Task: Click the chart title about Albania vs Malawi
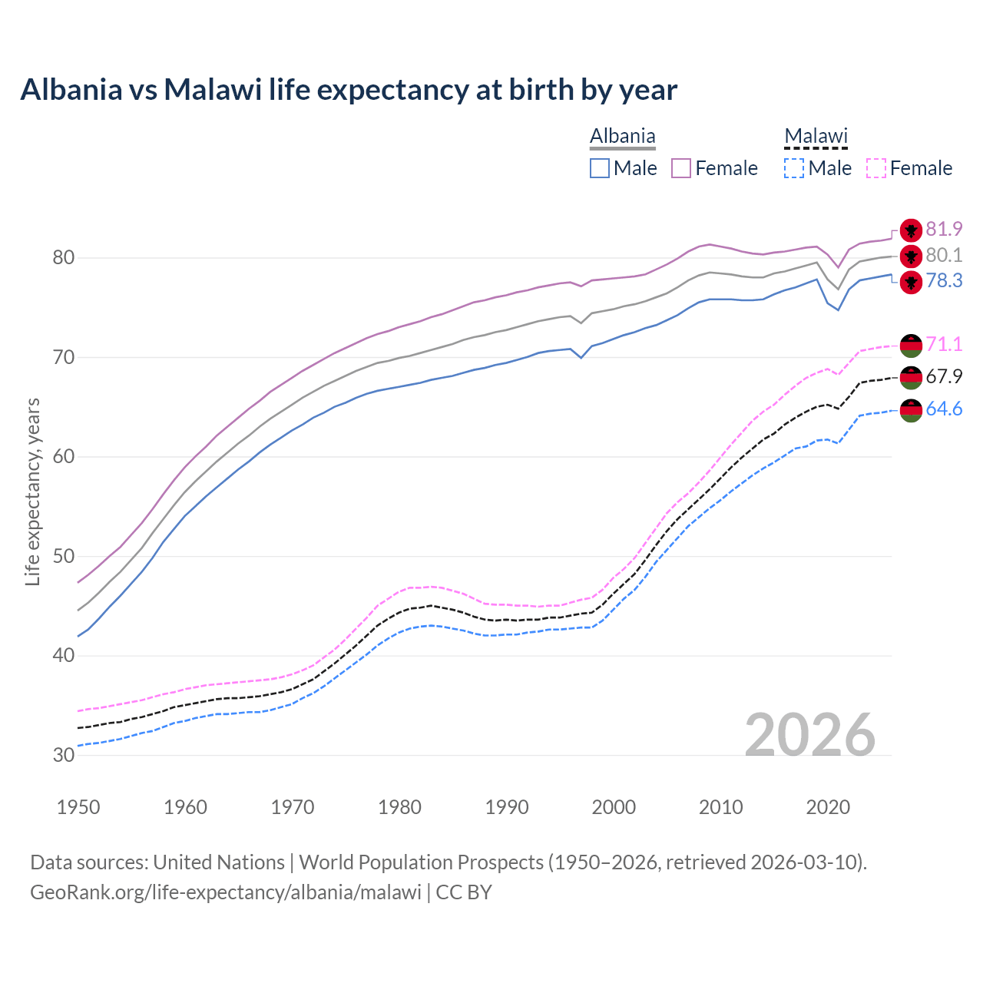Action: pyautogui.click(x=349, y=90)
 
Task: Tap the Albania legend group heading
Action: pyautogui.click(x=622, y=137)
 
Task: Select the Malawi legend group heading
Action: pyautogui.click(x=816, y=137)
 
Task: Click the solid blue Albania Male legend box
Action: pyautogui.click(x=600, y=168)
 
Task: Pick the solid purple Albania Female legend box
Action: pyautogui.click(x=681, y=168)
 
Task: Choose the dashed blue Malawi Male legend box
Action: pyautogui.click(x=794, y=168)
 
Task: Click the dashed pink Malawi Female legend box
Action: pyautogui.click(x=876, y=168)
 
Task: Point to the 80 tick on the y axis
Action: pyautogui.click(x=63, y=258)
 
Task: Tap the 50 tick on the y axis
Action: pyautogui.click(x=63, y=556)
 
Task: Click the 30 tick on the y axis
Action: pyautogui.click(x=63, y=755)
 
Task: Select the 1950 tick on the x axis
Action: pyautogui.click(x=78, y=807)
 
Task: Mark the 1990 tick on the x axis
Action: pyautogui.click(x=507, y=807)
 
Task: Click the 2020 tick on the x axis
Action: pyautogui.click(x=828, y=807)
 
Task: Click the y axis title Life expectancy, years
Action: pyautogui.click(x=33, y=491)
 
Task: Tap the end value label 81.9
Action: pyautogui.click(x=944, y=230)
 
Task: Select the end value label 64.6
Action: pyautogui.click(x=944, y=409)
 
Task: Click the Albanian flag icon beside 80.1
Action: pyautogui.click(x=911, y=256)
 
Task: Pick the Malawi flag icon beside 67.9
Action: pyautogui.click(x=911, y=377)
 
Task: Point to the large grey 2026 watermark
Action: pyautogui.click(x=809, y=735)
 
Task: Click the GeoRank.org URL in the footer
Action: pyautogui.click(x=226, y=892)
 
